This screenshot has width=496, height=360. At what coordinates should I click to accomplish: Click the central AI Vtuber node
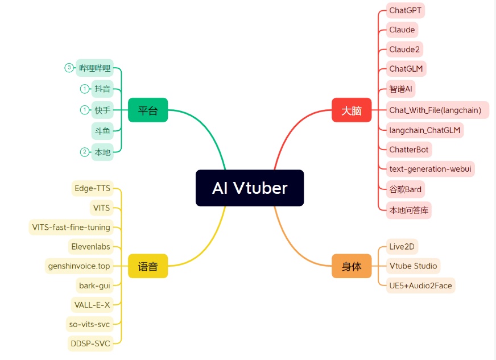[250, 188]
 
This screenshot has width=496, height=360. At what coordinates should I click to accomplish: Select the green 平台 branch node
[148, 110]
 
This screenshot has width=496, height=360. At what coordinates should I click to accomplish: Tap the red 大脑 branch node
[352, 110]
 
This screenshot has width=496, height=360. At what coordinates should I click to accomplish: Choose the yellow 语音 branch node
[148, 266]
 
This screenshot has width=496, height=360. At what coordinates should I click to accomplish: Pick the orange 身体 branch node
[352, 266]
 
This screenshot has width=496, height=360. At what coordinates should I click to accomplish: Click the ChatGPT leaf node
[406, 10]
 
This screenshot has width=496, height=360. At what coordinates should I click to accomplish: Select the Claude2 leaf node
[404, 49]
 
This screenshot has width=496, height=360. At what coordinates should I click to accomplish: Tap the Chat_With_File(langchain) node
[435, 110]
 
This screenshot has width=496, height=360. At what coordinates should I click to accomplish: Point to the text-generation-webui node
[429, 168]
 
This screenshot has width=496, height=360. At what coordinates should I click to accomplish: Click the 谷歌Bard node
[406, 189]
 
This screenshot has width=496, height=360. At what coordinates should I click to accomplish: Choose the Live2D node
[402, 246]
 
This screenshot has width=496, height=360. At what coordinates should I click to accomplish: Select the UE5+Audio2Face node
[420, 285]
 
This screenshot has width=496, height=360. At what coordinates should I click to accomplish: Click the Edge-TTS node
[92, 188]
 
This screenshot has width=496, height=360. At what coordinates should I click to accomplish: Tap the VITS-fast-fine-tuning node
[71, 227]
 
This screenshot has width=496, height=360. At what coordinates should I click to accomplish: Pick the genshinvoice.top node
[79, 266]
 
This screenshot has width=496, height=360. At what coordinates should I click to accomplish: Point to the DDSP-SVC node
[90, 344]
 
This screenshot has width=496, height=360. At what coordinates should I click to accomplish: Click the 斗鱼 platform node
[103, 131]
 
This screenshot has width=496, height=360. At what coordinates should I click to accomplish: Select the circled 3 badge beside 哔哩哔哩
[69, 68]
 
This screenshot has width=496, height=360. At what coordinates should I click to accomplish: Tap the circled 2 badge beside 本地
[85, 151]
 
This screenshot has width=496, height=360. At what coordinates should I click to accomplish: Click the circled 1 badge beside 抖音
[85, 89]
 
